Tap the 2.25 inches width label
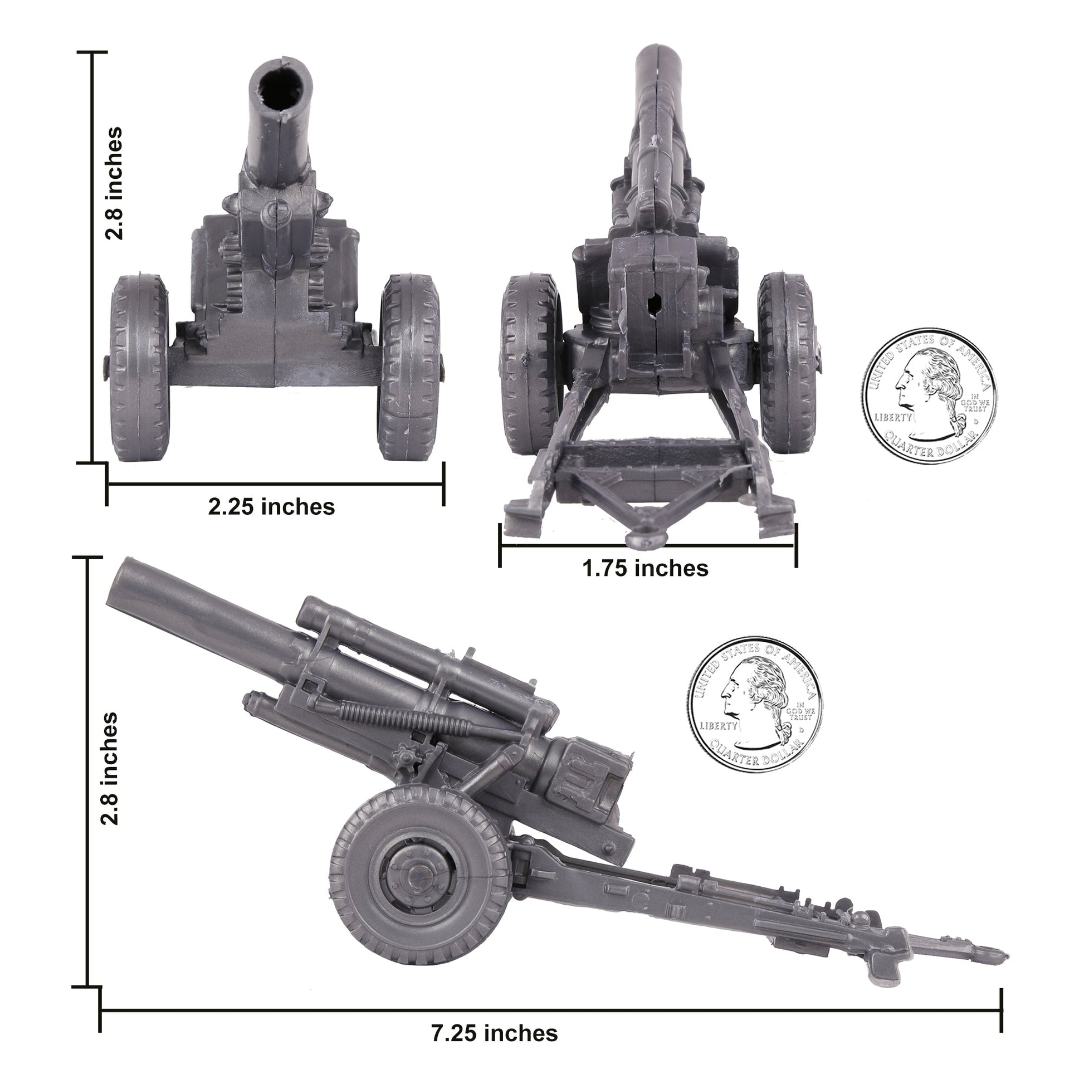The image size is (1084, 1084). tap(272, 507)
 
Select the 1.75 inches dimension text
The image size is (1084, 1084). tap(645, 568)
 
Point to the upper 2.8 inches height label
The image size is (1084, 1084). tap(114, 183)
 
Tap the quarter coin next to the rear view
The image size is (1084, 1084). tap(929, 396)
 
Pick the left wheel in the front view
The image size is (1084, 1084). tap(139, 368)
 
